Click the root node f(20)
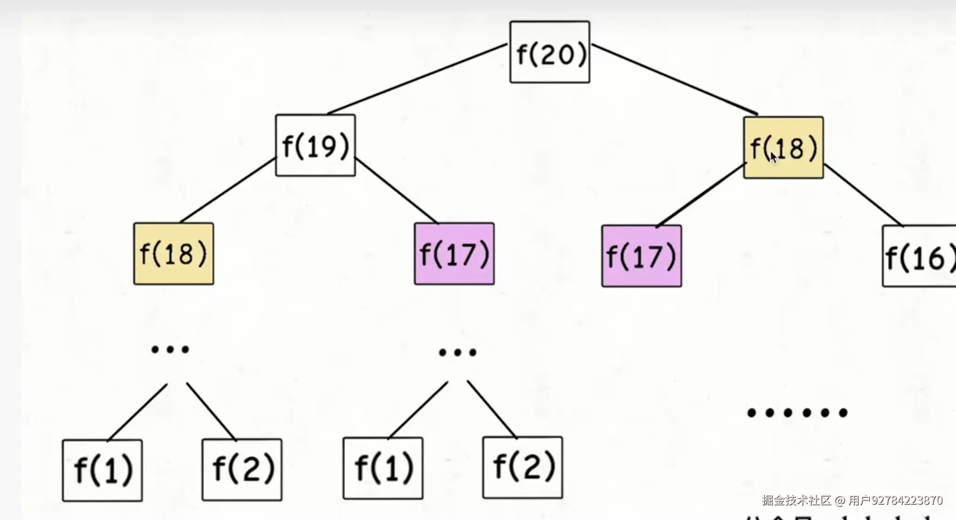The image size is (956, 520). (550, 52)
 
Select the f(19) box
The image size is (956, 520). (316, 145)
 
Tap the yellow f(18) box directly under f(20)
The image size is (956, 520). (784, 148)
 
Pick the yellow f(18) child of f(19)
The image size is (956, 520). (174, 254)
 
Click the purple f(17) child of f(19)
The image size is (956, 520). (454, 254)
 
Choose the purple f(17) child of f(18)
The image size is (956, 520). (642, 256)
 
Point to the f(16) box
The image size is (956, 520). (919, 257)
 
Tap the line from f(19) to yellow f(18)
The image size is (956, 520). (227, 190)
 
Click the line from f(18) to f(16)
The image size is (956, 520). (863, 195)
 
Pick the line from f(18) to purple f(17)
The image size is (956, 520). (701, 195)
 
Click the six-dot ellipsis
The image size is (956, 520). (797, 412)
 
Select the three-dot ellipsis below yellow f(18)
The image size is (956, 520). (170, 349)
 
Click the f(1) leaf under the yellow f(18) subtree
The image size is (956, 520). (103, 470)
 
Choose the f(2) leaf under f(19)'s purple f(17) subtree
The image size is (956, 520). (523, 467)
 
